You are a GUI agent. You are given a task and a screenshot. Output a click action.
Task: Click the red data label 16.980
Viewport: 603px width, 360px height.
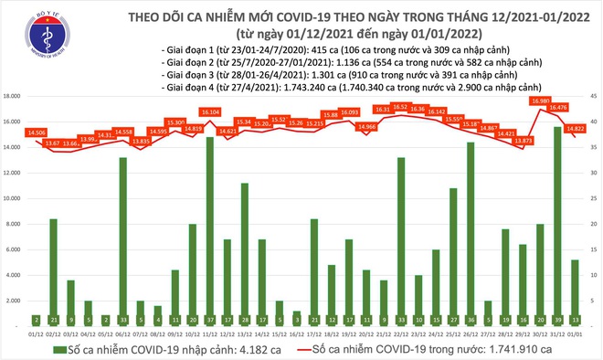tap(540, 101)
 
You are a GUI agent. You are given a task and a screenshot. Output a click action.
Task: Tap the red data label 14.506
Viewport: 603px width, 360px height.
tap(37, 132)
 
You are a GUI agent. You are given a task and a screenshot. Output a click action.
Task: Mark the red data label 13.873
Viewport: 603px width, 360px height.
tap(523, 141)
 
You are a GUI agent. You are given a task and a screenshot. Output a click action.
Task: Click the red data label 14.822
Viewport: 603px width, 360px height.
tap(575, 129)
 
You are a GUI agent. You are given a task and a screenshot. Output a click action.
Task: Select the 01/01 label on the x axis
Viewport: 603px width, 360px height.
tap(575, 333)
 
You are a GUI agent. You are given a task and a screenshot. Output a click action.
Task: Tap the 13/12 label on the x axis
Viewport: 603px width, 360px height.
tap(245, 333)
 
